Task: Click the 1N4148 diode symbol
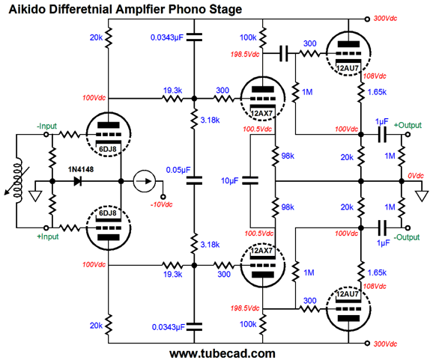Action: pos(78,181)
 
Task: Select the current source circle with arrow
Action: pos(144,181)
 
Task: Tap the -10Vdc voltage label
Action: pos(161,204)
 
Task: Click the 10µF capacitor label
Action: pos(229,180)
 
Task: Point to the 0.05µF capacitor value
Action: pos(178,170)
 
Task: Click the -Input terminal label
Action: pos(46,126)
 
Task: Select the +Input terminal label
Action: pos(48,237)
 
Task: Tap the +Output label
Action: pos(408,125)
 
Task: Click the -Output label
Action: pos(407,237)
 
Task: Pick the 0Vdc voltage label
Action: pos(416,175)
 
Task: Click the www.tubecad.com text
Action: pos(222,353)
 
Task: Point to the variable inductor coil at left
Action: pos(18,181)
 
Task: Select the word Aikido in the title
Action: pos(26,9)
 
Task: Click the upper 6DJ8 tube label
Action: pos(108,149)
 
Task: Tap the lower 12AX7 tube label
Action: pos(261,251)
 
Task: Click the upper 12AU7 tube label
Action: pos(348,68)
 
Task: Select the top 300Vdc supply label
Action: pos(385,19)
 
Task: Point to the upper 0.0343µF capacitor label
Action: pos(167,37)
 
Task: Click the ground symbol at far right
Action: pos(422,196)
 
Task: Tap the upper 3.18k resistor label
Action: pos(210,120)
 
